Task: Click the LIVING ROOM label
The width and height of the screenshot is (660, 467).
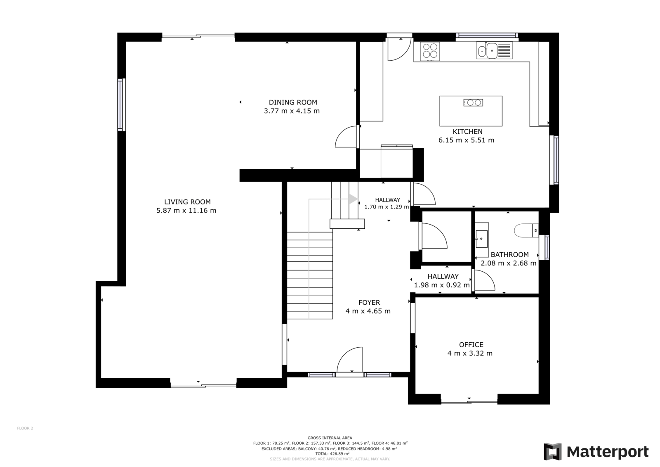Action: click(187, 202)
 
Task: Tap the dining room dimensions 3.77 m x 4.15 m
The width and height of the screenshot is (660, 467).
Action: click(292, 111)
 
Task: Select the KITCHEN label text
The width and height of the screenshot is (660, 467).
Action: click(468, 132)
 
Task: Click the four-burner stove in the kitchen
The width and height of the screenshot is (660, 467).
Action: click(430, 51)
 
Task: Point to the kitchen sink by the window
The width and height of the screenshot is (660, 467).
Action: click(495, 50)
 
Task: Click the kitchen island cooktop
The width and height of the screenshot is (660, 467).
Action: click(473, 103)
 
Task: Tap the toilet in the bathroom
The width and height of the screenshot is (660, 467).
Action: click(526, 230)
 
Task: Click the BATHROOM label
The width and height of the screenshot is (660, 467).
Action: click(510, 255)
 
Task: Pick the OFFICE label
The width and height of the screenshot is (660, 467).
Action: click(471, 344)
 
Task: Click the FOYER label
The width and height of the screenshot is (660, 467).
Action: click(369, 302)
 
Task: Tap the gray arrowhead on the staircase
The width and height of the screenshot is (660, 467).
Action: click(354, 199)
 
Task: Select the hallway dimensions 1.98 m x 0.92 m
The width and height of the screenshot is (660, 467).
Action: click(442, 285)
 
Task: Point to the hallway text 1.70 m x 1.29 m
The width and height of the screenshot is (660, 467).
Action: click(387, 207)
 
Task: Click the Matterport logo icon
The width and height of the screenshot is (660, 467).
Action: click(553, 452)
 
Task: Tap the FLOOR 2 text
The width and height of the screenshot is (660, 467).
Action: click(25, 428)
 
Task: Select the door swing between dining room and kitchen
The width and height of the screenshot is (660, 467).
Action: click(346, 137)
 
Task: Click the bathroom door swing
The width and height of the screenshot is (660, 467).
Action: click(484, 280)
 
